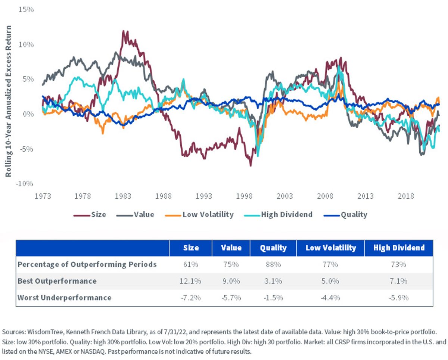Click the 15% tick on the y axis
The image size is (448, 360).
[x=26, y=10]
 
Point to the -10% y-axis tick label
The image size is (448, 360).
[x=25, y=184]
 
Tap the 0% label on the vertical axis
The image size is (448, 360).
[x=28, y=114]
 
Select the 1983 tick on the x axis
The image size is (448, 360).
[x=123, y=196]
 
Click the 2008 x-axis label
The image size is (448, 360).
[x=325, y=196]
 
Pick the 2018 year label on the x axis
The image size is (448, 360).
[x=406, y=196]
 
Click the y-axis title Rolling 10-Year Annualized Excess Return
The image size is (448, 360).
[x=8, y=101]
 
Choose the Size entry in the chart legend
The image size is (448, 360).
[x=90, y=215]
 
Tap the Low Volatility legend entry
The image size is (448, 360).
[x=199, y=215]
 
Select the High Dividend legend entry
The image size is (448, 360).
[x=278, y=215]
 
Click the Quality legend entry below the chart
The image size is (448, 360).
[x=346, y=215]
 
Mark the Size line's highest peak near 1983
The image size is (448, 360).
[x=124, y=31]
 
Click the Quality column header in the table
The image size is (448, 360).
[x=273, y=248]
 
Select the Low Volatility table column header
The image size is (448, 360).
[x=331, y=248]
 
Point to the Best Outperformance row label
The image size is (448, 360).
[x=57, y=281]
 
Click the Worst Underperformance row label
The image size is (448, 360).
[x=65, y=298]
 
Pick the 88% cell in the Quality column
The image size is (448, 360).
[x=273, y=264]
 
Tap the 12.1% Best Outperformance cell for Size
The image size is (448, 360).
[x=190, y=281]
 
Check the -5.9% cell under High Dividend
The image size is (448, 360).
[x=399, y=298]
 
